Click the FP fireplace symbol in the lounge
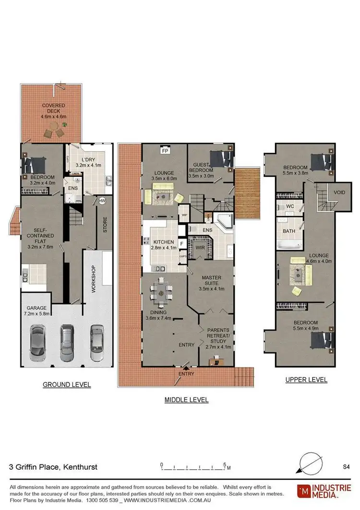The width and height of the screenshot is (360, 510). (x=165, y=150)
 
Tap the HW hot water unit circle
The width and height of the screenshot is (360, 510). (x=102, y=201)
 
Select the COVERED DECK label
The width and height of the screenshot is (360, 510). (x=53, y=109)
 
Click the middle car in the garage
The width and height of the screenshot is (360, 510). (x=67, y=343)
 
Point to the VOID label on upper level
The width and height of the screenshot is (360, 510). (x=339, y=192)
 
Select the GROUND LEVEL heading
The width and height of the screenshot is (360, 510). (x=67, y=385)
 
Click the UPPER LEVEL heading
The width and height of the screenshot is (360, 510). (x=306, y=379)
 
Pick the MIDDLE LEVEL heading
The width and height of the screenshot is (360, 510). (x=186, y=400)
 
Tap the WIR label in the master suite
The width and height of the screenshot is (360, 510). (x=200, y=247)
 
